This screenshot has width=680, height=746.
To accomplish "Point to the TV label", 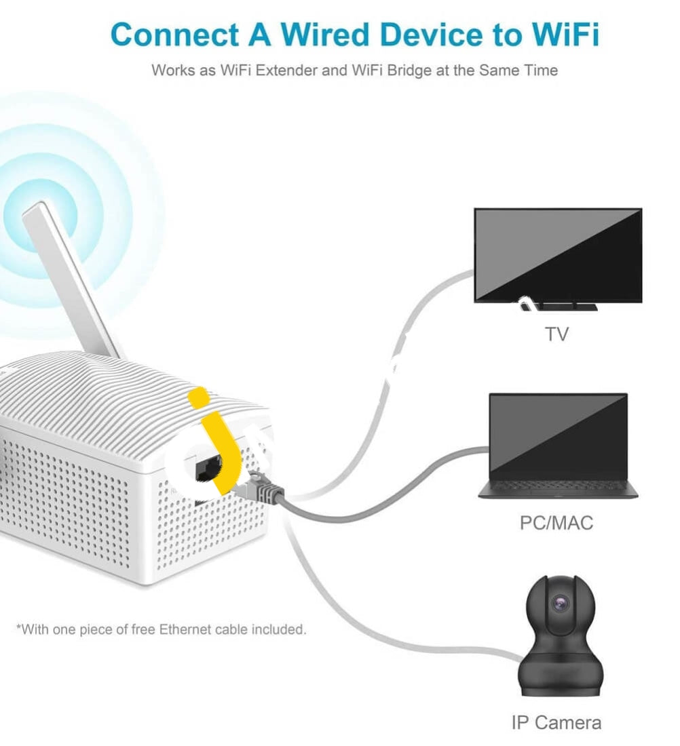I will tap(556, 334).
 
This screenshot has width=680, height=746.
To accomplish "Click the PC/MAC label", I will tap(556, 522).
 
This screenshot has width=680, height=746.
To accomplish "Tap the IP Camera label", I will tap(556, 722).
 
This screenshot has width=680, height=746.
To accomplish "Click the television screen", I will tap(558, 255).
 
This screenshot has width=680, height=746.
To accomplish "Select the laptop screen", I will tap(558, 436).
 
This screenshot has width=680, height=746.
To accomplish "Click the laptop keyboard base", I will tap(558, 488).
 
